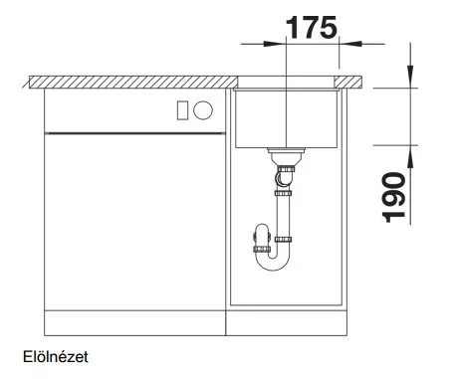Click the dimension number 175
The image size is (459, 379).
(312, 28)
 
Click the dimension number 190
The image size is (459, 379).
(394, 197)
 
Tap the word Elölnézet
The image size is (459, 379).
(56, 357)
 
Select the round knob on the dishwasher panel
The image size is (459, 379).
(203, 110)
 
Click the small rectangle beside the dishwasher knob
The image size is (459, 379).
(182, 110)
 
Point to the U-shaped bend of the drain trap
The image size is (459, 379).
(273, 262)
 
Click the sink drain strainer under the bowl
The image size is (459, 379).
(286, 154)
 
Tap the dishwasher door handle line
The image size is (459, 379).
(135, 133)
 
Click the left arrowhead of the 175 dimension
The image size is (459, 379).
(274, 44)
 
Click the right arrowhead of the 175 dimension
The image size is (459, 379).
(350, 44)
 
